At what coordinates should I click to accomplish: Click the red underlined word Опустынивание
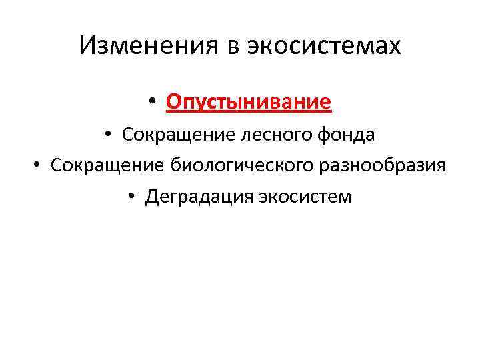click(249, 103)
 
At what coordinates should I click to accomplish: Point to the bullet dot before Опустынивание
click(152, 103)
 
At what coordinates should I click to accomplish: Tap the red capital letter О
click(173, 103)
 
